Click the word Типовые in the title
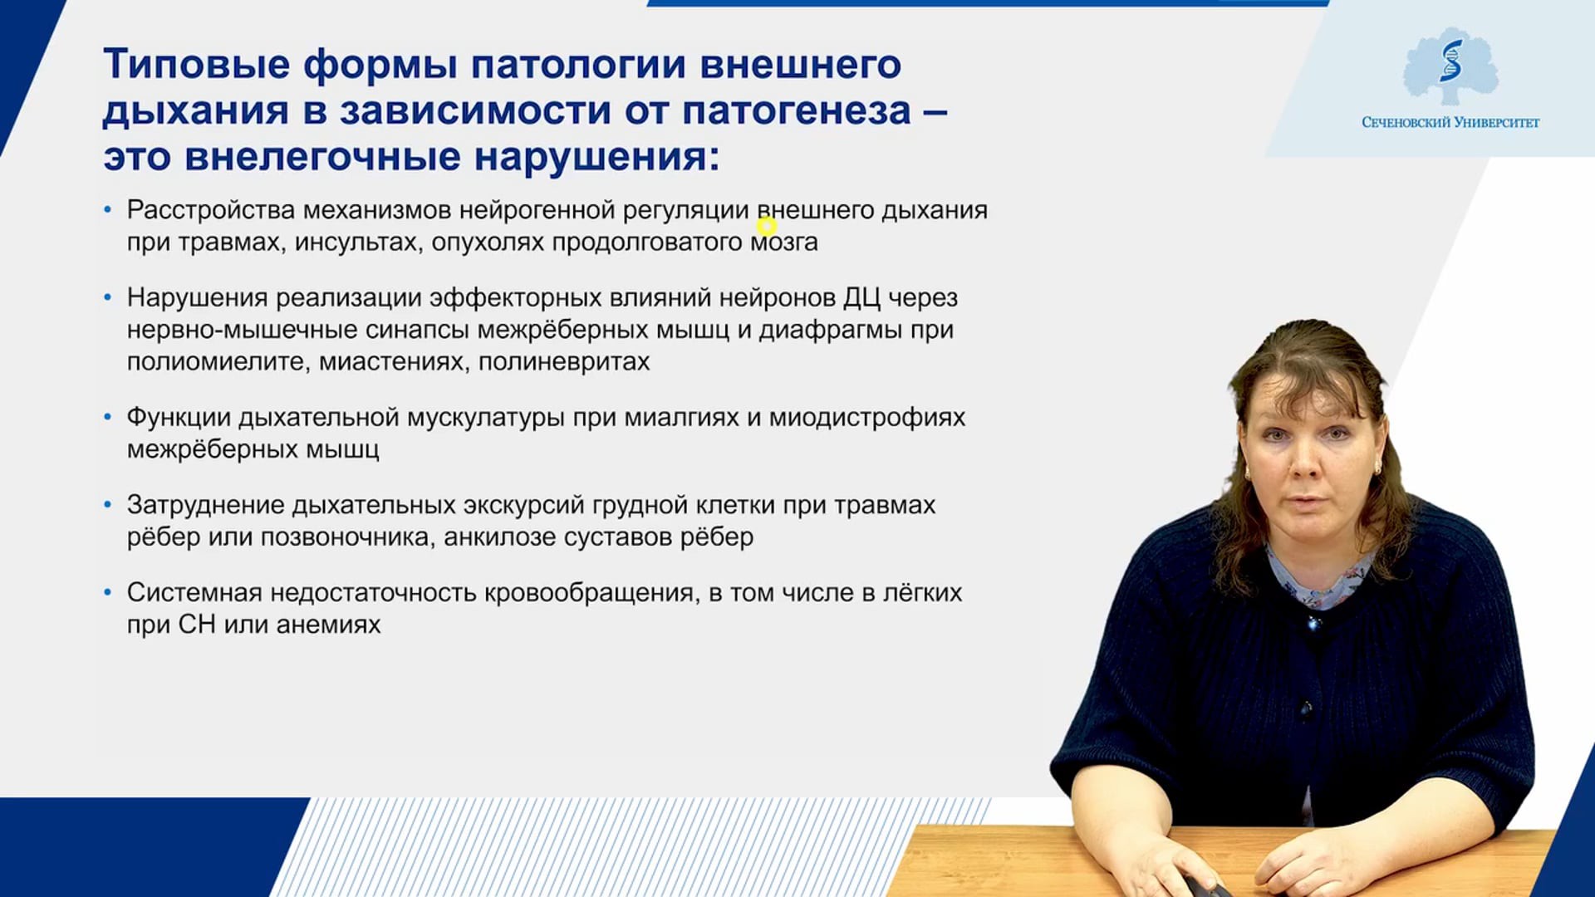pos(197,65)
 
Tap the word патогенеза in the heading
pos(797,111)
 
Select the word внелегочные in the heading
pos(322,156)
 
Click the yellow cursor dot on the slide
pos(766,226)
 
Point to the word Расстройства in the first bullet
pos(211,211)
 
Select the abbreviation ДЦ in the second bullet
pos(861,298)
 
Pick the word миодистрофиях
pos(867,418)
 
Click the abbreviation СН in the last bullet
pos(197,625)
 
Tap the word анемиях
pos(328,625)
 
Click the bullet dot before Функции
pos(107,417)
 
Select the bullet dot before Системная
pos(107,592)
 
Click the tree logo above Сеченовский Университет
pos(1450,66)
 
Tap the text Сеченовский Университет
pos(1450,123)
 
